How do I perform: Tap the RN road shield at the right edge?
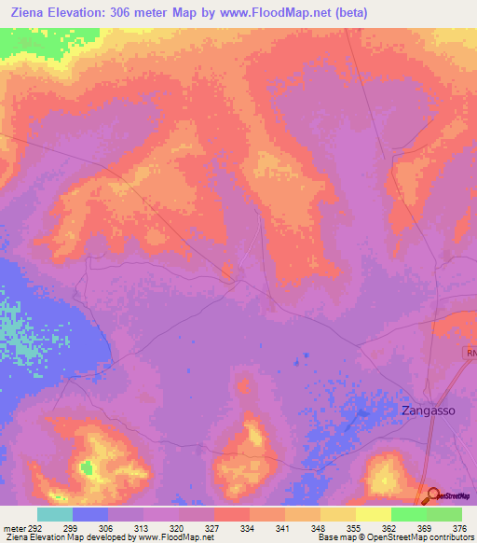pos(470,354)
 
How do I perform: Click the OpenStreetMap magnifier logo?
pos(433,497)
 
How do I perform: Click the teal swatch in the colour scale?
pos(55,514)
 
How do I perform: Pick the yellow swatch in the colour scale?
pos(373,514)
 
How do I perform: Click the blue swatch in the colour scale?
pos(90,514)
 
